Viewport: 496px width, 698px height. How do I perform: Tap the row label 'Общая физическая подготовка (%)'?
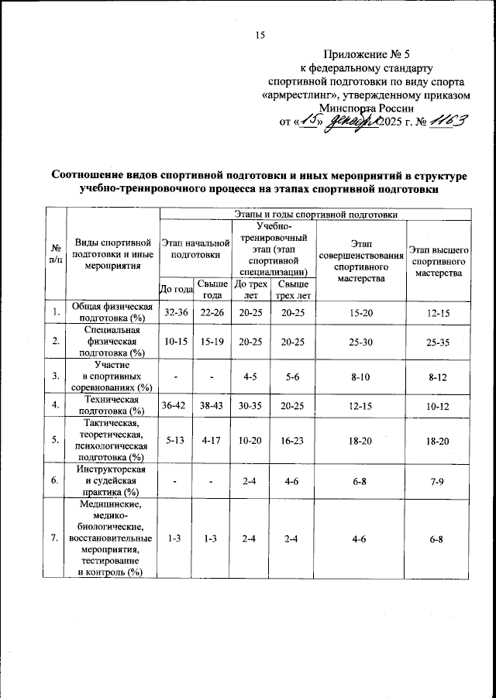110,314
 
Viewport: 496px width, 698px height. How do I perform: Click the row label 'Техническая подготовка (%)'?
110,404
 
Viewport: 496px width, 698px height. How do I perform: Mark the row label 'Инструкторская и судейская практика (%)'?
110,481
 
